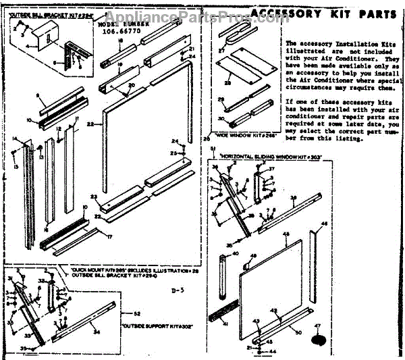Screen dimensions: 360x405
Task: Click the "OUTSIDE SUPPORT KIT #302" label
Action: click(x=151, y=327)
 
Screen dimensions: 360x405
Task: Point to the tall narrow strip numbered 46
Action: click(x=315, y=267)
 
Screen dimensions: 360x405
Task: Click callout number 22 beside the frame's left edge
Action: click(x=89, y=124)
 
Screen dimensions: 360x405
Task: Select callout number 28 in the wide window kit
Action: click(x=227, y=83)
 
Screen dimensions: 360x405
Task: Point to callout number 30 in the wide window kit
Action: click(x=221, y=119)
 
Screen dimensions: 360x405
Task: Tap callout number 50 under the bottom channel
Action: click(x=298, y=333)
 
